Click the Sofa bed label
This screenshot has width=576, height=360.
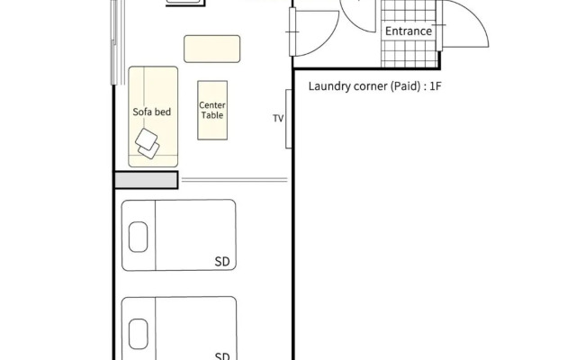[152, 112]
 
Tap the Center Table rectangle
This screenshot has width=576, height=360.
[212, 110]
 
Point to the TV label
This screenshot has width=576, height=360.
[278, 118]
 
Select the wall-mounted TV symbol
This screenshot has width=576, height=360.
[289, 119]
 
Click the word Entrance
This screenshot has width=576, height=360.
[409, 31]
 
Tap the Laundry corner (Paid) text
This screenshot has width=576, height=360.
[364, 86]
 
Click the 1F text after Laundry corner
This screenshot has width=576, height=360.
[436, 86]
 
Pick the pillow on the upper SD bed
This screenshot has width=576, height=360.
[138, 237]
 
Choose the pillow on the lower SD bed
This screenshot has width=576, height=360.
[139, 334]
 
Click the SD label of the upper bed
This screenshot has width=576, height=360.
[222, 262]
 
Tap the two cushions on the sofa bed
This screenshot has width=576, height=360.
[147, 144]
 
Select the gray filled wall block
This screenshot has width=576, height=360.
[147, 180]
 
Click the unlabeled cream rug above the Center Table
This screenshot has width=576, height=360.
[212, 49]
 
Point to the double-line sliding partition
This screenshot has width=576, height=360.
[234, 180]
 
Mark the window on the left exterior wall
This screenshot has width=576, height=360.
[117, 42]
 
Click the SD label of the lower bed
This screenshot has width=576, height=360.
[222, 356]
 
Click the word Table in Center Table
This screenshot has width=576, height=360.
[212, 115]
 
